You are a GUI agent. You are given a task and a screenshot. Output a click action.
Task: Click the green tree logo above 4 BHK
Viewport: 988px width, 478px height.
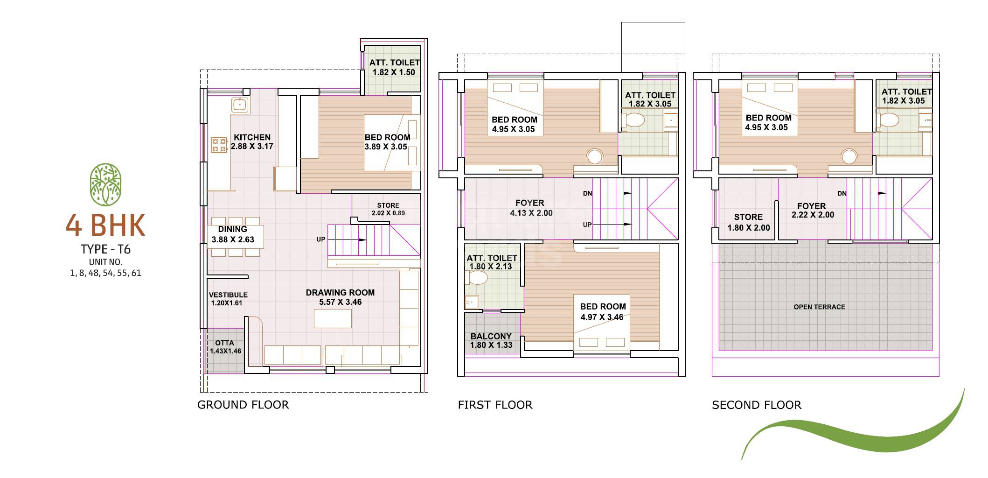tap(105, 185)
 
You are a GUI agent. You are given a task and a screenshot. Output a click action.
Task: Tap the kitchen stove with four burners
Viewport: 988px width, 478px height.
tap(219, 145)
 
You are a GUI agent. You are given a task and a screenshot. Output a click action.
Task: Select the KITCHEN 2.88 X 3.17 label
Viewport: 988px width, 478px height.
tap(252, 141)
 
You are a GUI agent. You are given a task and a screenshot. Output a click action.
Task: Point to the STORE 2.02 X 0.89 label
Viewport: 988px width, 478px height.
tap(388, 209)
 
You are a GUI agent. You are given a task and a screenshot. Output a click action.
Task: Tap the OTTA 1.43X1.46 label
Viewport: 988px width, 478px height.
tap(225, 347)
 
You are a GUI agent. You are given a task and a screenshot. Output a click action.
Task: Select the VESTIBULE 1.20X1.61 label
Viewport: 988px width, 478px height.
tap(228, 299)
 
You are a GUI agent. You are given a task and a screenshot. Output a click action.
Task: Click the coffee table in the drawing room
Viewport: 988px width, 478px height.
tap(333, 318)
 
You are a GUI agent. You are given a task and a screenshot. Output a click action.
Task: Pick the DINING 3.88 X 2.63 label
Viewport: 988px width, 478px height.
tap(233, 234)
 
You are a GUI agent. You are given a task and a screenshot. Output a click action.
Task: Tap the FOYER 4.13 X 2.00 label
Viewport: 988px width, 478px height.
tap(530, 208)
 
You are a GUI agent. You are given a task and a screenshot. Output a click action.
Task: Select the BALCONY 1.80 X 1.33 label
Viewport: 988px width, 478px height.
tap(491, 340)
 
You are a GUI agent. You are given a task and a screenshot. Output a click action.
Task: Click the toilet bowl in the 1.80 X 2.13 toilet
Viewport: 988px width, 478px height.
tap(477, 278)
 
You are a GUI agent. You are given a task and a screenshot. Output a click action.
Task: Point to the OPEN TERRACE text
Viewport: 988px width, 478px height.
tap(819, 307)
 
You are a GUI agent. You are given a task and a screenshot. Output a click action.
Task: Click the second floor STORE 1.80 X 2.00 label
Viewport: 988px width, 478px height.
tap(748, 222)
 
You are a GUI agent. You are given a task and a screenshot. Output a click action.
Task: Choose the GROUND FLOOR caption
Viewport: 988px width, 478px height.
tap(243, 405)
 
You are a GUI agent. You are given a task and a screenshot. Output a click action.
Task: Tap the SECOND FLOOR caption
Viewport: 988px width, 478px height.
tap(756, 405)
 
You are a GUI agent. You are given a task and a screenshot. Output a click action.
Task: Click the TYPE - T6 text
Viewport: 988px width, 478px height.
tap(105, 250)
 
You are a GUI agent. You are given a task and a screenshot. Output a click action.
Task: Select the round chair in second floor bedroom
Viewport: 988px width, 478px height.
tap(849, 156)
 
